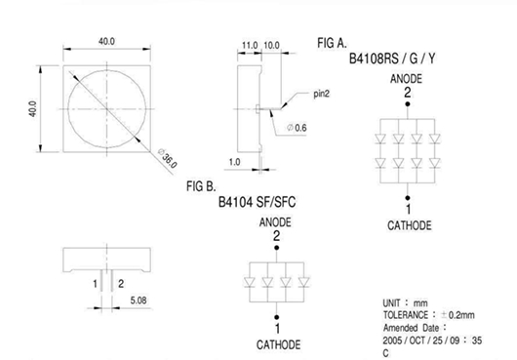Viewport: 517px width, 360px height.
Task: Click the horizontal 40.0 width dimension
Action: [106, 42]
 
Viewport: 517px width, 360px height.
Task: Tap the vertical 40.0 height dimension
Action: [32, 108]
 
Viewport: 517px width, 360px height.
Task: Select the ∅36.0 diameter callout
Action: [168, 158]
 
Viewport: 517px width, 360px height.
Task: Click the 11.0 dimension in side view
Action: [250, 45]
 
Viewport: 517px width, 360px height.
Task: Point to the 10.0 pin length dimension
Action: [272, 45]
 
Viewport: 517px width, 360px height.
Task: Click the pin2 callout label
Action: [321, 94]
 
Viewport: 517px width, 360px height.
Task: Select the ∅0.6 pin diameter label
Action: [297, 128]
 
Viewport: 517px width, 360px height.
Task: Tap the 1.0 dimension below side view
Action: [234, 162]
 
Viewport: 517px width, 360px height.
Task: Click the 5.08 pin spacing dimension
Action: [139, 300]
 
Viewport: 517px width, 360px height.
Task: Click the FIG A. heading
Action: [332, 43]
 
